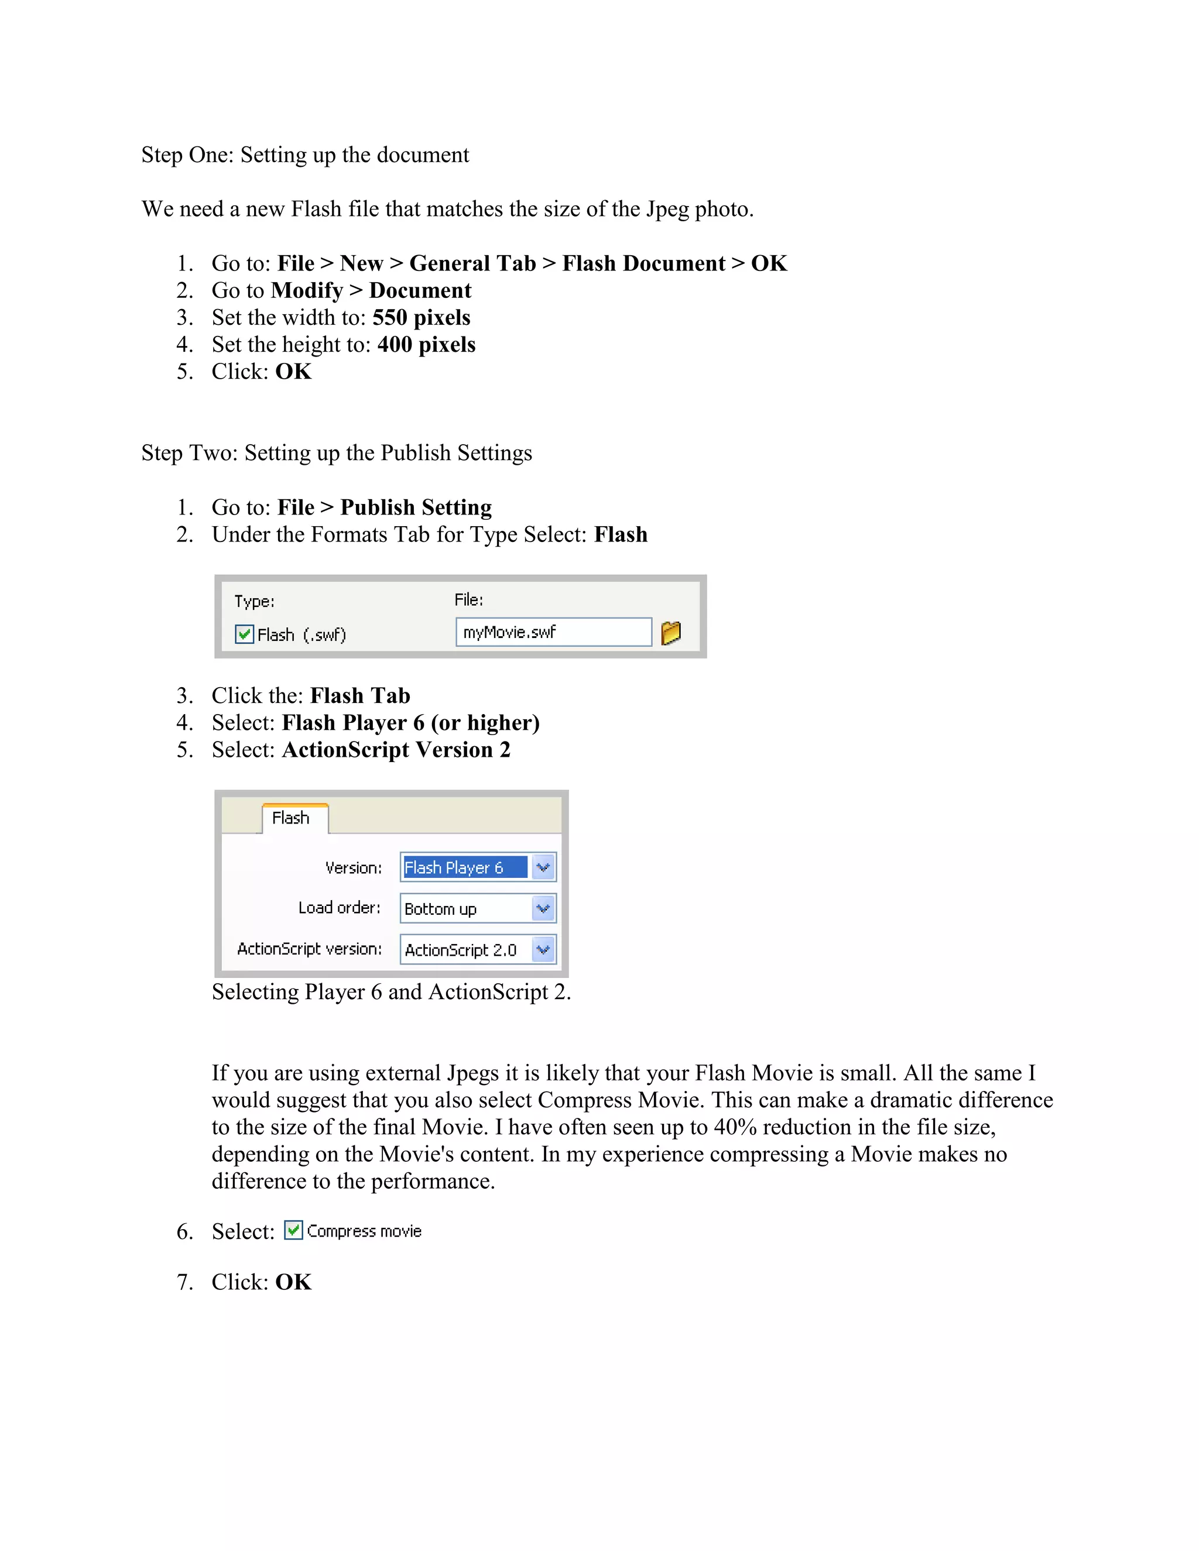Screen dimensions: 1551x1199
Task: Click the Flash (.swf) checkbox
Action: tap(244, 634)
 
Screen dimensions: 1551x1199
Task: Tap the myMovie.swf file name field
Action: tap(553, 632)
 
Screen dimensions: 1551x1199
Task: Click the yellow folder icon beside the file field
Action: tap(670, 632)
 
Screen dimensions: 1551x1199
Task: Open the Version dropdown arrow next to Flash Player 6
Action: tap(543, 867)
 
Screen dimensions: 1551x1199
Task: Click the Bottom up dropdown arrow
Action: tap(543, 908)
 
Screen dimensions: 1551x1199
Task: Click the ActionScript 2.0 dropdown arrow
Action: tap(543, 949)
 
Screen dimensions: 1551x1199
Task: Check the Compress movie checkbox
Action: tap(293, 1230)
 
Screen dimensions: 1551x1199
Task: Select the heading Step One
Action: tap(304, 155)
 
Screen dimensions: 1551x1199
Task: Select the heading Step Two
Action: tap(336, 452)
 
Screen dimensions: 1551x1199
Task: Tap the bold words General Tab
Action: tap(472, 263)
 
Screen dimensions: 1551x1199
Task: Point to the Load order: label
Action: tap(339, 908)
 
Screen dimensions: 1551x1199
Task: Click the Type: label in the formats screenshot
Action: tap(254, 602)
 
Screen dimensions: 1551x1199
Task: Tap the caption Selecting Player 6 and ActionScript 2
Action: tap(390, 991)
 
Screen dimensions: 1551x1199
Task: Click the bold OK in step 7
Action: tap(293, 1282)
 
